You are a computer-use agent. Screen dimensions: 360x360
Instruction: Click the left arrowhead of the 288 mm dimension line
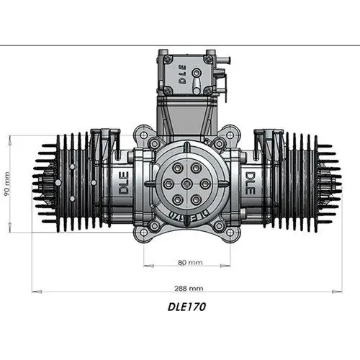pyautogui.click(x=34, y=291)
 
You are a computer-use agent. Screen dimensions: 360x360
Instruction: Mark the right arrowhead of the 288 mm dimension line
pyautogui.click(x=339, y=291)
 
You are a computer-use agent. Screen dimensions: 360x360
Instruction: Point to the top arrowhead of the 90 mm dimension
pyautogui.click(x=10, y=137)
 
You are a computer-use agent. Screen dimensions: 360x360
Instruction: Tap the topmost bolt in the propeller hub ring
pyautogui.click(x=180, y=165)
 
